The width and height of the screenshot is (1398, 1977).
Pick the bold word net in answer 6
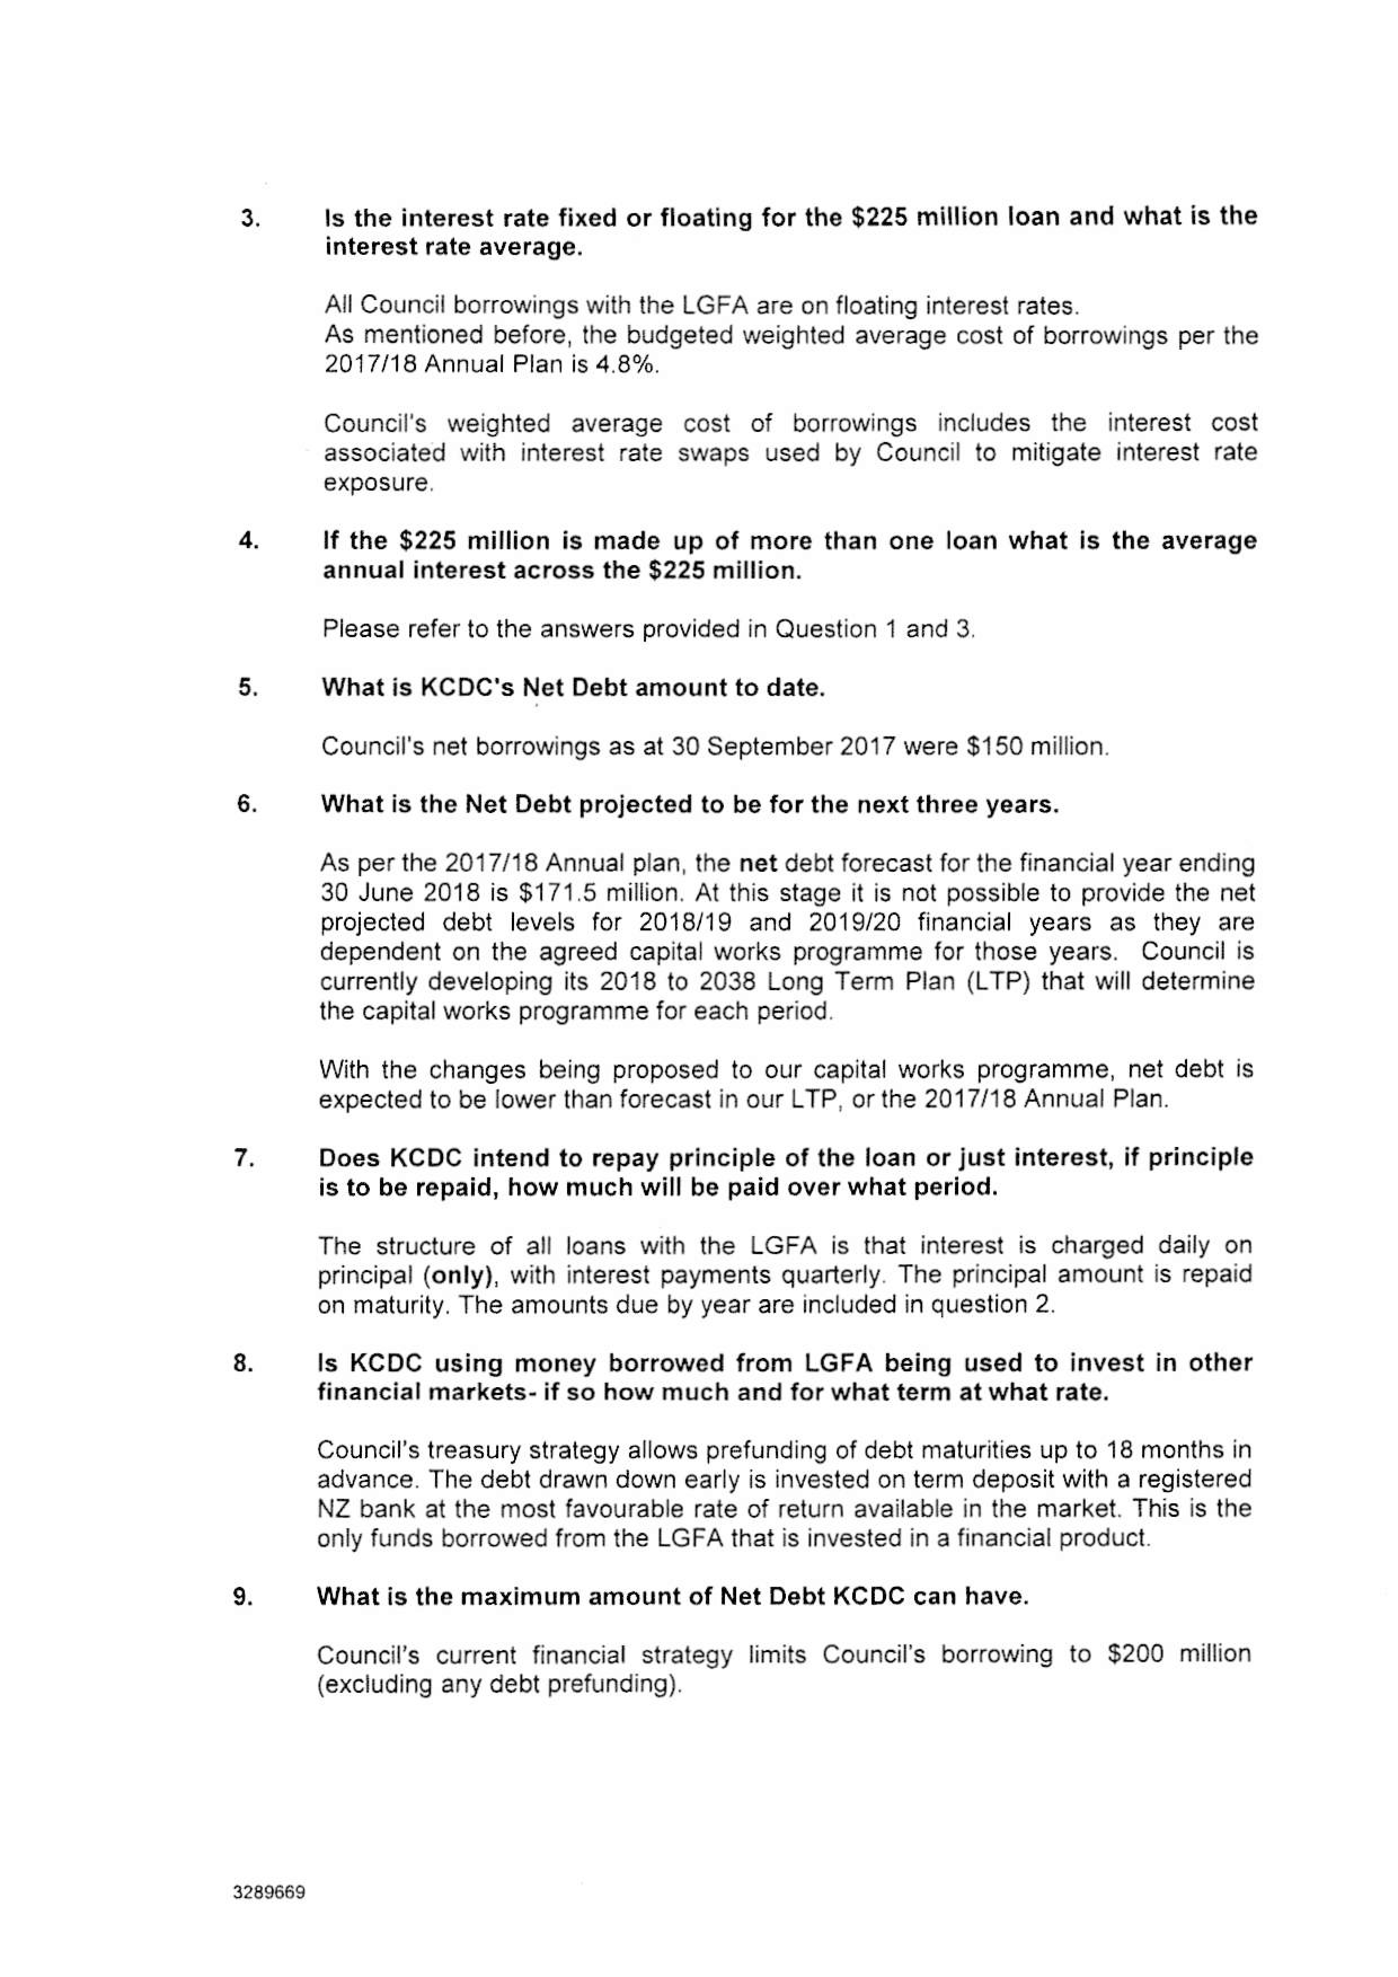758,862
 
